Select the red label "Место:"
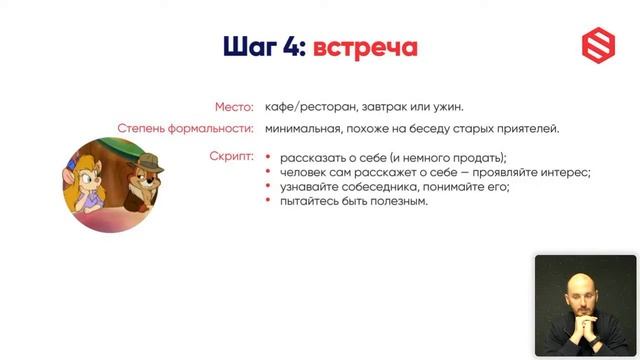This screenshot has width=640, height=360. (235, 107)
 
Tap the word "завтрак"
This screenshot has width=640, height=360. (384, 107)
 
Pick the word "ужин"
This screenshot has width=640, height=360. (446, 107)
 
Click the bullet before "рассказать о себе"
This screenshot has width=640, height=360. (269, 157)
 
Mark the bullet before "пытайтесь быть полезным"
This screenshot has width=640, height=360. (269, 201)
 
